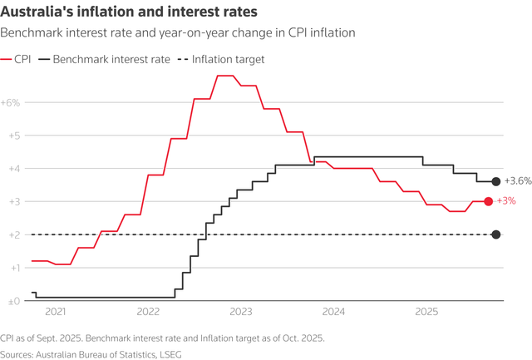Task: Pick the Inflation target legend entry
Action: (x=219, y=60)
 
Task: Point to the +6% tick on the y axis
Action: (x=13, y=102)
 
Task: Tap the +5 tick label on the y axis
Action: (x=13, y=136)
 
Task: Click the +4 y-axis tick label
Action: (x=13, y=169)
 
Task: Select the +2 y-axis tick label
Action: (x=13, y=234)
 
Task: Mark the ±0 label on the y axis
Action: (x=13, y=301)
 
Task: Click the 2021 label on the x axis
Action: (x=55, y=313)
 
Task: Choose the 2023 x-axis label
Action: (x=240, y=313)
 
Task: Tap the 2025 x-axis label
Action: (x=426, y=313)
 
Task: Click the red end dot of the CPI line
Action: (x=488, y=201)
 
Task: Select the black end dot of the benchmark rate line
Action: (x=496, y=181)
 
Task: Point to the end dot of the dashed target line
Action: (x=496, y=234)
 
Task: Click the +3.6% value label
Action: (x=517, y=181)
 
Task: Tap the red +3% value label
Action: (x=506, y=201)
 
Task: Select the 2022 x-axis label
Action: (x=148, y=313)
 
